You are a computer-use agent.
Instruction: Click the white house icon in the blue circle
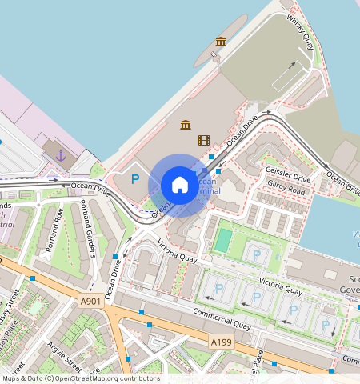coord(180,185)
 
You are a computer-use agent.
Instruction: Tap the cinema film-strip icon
coord(204,140)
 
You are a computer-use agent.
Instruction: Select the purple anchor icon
coord(60,154)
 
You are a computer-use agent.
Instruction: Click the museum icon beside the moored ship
coord(221,42)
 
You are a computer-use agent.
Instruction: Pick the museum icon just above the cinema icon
coord(186,125)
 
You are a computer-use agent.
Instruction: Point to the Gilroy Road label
coord(287,190)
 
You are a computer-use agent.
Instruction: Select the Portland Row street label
coord(54,230)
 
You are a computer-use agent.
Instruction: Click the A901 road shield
coord(91,301)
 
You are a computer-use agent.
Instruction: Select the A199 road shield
coord(222,342)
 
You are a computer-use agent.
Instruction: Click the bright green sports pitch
coord(224,239)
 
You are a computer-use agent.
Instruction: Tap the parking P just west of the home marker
coord(135,180)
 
